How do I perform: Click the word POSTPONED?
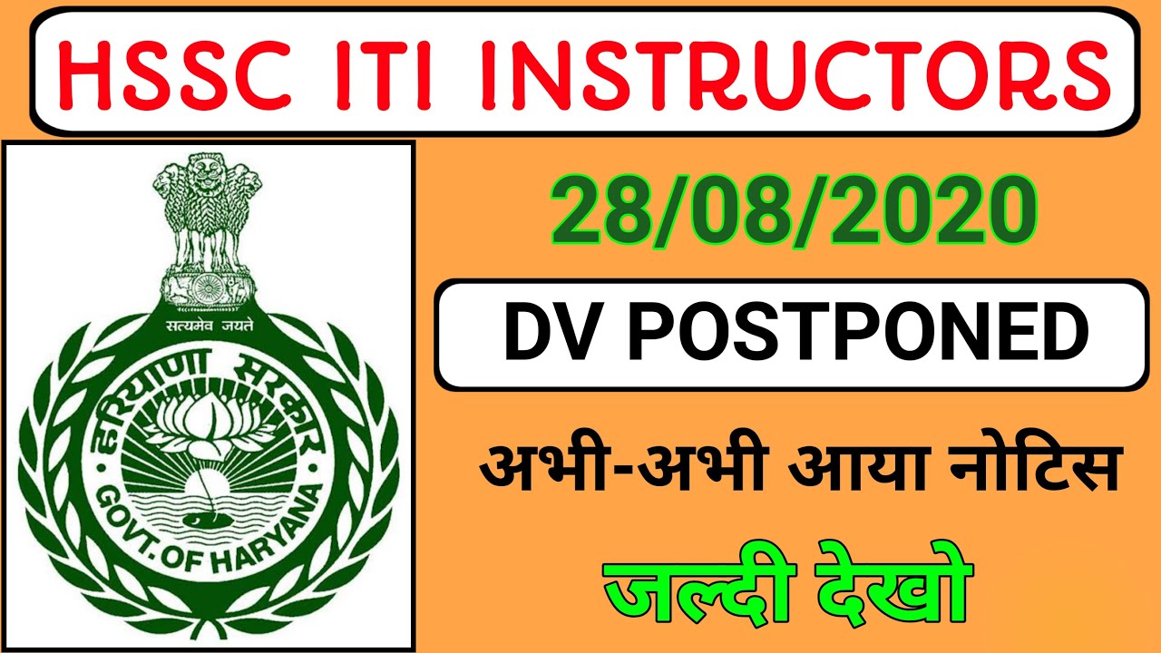(857, 335)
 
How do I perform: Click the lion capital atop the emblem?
(208, 213)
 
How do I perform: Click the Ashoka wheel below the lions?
(208, 288)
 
